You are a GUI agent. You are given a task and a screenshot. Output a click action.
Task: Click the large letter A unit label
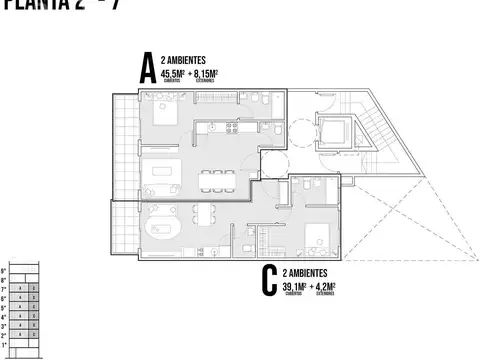(147, 69)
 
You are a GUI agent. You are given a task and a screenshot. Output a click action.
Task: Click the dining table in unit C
(204, 213)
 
